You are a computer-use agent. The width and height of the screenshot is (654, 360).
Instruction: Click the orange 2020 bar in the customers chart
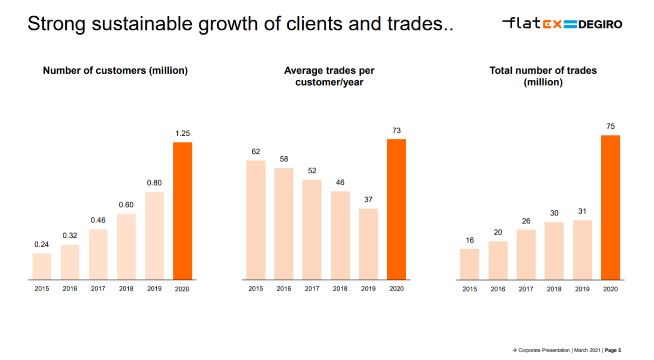point(182,211)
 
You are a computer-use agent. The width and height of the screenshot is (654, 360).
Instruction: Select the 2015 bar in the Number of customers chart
point(42,266)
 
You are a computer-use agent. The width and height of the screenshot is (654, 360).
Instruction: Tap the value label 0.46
point(98,220)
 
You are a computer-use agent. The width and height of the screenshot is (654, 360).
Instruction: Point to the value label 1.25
point(182,133)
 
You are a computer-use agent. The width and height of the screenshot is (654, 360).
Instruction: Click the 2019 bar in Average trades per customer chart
point(368,244)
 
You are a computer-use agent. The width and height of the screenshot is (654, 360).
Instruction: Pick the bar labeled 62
point(256,220)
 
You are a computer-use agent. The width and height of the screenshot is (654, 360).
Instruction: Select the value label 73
point(397,131)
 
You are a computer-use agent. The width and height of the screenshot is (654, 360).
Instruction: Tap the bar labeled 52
point(312,229)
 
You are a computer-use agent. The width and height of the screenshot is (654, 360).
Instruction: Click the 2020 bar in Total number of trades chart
point(611,208)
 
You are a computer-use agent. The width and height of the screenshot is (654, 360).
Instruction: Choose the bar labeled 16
point(469,264)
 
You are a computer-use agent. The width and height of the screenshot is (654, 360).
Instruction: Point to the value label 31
point(582,211)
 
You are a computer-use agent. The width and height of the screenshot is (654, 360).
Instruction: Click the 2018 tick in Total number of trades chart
point(554,289)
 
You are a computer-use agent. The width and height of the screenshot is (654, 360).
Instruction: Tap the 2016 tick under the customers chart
point(70,289)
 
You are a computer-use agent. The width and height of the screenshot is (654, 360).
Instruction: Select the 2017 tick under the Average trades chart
point(312,289)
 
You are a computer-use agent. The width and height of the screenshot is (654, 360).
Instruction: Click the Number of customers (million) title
point(115,71)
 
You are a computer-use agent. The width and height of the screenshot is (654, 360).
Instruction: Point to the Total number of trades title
point(543,76)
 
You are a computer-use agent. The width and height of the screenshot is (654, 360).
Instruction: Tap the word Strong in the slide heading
point(56,24)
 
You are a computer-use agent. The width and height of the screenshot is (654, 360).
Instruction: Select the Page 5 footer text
point(613,350)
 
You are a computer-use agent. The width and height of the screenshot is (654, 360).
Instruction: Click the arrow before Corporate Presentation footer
point(515,350)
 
